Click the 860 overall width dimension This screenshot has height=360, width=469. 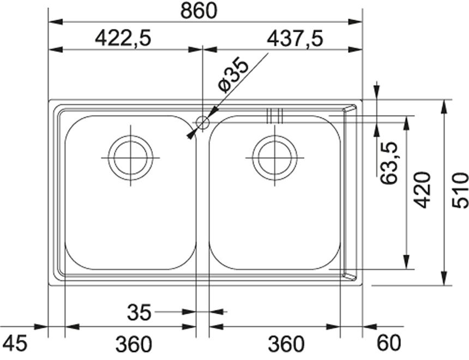(199, 11)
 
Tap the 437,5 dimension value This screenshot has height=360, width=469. (295, 39)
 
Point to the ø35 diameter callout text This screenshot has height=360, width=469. (233, 75)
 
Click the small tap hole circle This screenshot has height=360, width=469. (202, 122)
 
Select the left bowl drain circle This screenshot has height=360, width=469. (130, 158)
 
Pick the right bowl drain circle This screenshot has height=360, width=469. (275, 158)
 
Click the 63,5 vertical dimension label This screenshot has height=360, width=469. (388, 163)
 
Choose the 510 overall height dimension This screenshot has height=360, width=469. (460, 190)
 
